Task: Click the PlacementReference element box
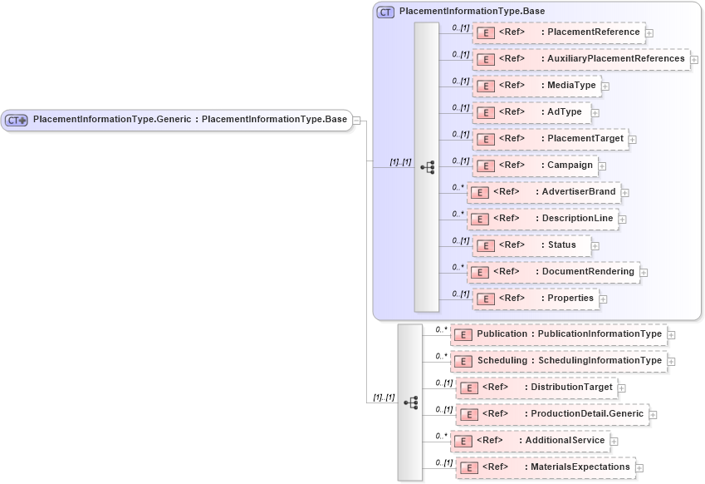coord(558,32)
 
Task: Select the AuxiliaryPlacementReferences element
coord(580,59)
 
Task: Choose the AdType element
coord(531,112)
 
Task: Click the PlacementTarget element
coord(549,139)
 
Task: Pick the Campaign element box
coord(535,165)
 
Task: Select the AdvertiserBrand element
coord(543,192)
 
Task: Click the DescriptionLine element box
coord(541,219)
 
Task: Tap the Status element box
coord(531,245)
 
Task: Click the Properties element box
coord(535,299)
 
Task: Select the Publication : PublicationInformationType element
coord(558,334)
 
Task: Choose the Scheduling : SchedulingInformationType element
coord(558,361)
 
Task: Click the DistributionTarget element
coord(536,388)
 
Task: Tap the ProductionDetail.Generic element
coord(551,414)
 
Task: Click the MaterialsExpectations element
coord(545,467)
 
